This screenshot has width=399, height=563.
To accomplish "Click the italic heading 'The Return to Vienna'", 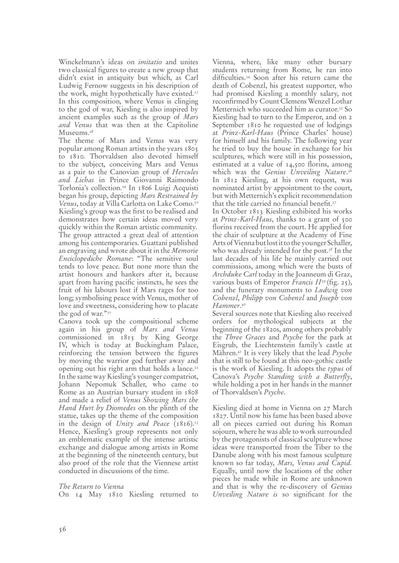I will click(x=91, y=487).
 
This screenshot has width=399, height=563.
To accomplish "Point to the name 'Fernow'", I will click(x=90, y=85).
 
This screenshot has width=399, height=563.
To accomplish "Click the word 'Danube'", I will click(x=225, y=455).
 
